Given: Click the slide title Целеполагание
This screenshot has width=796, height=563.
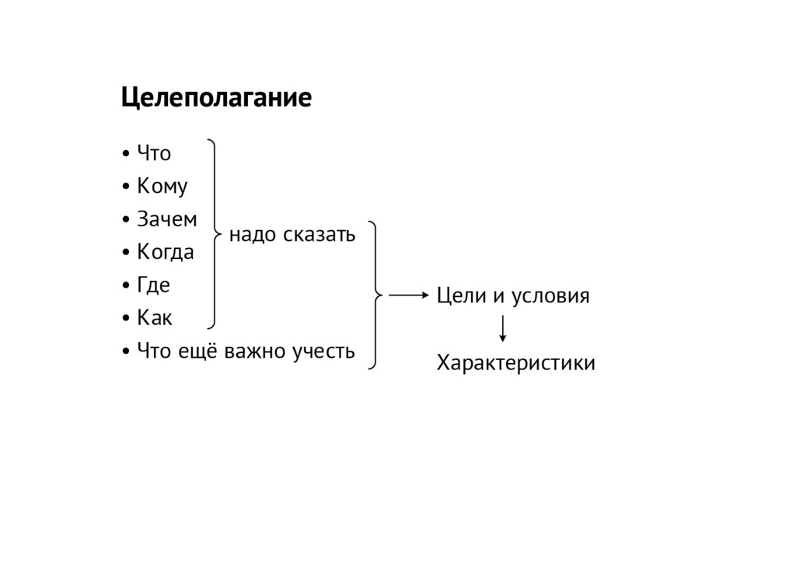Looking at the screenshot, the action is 215,99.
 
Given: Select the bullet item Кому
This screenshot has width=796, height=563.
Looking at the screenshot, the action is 162,187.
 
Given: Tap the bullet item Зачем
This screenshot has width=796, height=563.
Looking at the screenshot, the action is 166,220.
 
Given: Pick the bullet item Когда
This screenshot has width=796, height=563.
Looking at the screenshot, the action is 165,253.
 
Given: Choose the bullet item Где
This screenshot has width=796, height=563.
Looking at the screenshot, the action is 153,285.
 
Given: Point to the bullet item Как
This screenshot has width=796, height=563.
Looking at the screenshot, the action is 155,318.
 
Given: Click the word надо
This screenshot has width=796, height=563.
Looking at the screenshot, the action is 253,233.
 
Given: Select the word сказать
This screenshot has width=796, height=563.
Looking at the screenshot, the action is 319,233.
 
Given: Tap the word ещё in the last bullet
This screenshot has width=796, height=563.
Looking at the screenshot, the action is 197,351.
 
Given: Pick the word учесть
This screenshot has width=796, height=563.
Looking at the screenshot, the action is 323,351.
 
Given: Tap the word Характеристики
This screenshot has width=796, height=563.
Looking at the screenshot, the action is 516,363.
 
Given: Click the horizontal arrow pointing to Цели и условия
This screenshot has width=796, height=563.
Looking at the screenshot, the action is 408,295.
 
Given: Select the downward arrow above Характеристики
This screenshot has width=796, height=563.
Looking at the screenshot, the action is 504,328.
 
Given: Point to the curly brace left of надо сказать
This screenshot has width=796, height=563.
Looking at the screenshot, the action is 214,232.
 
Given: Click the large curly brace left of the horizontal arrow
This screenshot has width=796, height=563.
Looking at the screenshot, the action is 377,295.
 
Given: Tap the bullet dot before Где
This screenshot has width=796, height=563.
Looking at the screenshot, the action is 126,286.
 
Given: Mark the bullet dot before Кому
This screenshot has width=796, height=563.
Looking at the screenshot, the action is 126,188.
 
